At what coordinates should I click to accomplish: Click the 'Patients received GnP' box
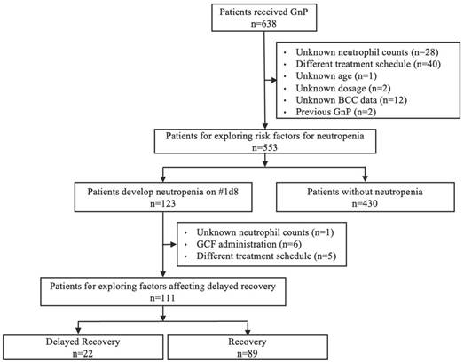pos(264,18)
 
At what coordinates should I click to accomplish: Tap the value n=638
pos(263,24)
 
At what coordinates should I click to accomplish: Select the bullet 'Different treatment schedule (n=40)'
pos(368,64)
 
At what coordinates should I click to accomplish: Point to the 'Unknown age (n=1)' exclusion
pos(336,76)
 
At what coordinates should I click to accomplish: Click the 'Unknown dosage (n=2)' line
pos(343,88)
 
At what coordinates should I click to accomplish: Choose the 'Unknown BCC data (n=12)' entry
pos(351,100)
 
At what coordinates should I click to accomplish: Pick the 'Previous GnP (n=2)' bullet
pos(336,112)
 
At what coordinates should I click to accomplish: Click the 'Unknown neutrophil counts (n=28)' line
pos(367,52)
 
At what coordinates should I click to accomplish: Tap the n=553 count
pos(265,147)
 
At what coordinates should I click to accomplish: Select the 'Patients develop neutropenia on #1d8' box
pos(163,197)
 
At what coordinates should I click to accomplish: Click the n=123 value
pos(162,203)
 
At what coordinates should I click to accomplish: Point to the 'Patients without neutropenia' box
pos(366,197)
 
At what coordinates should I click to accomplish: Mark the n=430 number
pos(365,203)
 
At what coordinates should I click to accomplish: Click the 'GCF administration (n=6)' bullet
pos(249,244)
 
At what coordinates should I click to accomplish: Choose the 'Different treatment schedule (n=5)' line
pos(266,256)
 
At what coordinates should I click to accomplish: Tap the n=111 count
pos(162,298)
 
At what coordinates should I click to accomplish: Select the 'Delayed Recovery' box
pos(83,348)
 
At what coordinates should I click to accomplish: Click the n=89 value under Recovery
pos(248,353)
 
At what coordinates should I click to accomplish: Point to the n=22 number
pos(83,353)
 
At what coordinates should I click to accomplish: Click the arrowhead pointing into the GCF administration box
pos(173,245)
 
